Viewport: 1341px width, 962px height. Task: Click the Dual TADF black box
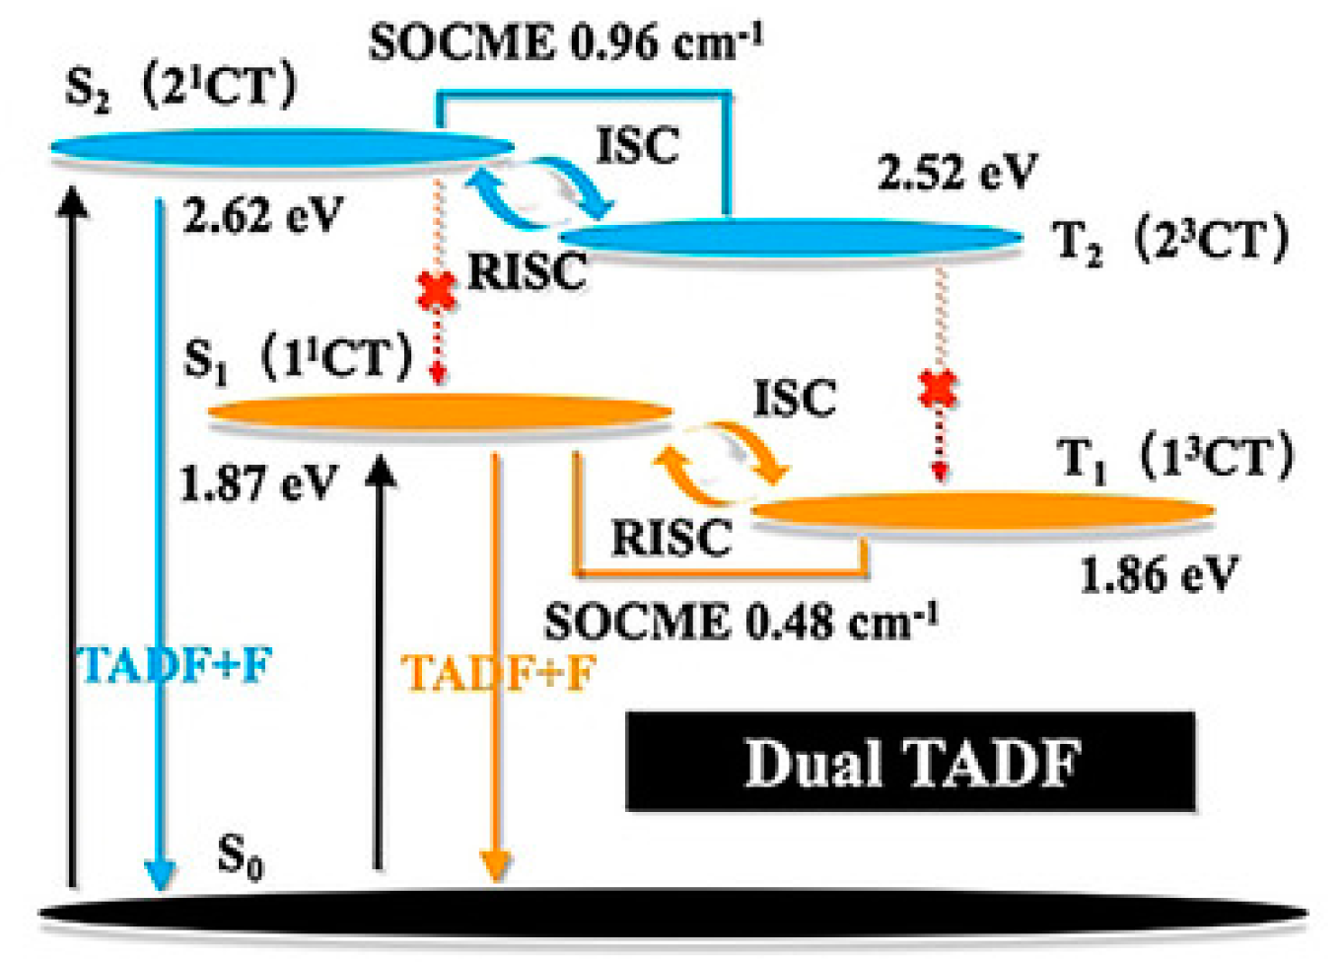tap(910, 762)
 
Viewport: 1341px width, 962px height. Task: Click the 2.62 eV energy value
tap(262, 214)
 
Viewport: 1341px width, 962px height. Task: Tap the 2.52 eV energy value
tap(957, 173)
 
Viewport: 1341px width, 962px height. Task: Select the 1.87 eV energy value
tap(258, 483)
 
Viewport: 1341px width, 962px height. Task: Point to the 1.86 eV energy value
tap(1159, 574)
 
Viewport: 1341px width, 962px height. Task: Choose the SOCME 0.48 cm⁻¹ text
tap(741, 622)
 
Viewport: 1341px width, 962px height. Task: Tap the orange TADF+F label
tap(499, 674)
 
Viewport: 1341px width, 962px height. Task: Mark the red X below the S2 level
tap(438, 290)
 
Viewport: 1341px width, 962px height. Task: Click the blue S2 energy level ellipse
tap(282, 149)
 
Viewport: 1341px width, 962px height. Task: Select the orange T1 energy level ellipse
tap(982, 510)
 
